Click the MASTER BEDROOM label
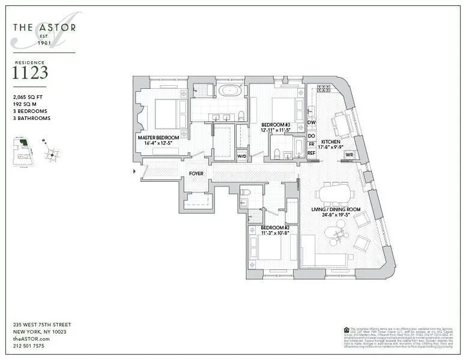tap(159, 138)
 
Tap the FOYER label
tap(196, 173)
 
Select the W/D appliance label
tap(242, 157)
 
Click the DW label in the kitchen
tap(312, 122)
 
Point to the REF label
tap(312, 153)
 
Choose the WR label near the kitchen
tap(349, 155)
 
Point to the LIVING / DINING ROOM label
tap(335, 209)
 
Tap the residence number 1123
tap(30, 74)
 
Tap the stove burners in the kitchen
tap(323, 89)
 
